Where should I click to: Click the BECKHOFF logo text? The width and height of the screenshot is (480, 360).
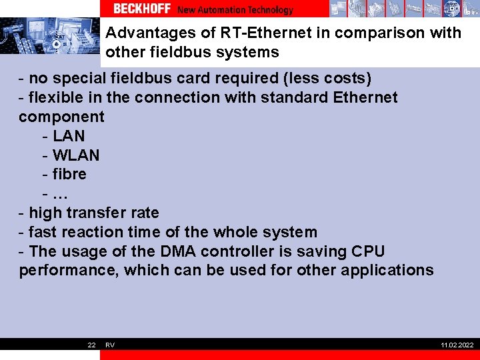pos(141,9)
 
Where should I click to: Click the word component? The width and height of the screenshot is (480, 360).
pos(61,117)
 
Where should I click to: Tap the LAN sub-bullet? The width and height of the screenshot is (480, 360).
pos(69,136)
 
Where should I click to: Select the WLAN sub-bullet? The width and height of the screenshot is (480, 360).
pos(76,155)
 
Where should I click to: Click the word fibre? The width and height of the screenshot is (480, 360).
pos(69,175)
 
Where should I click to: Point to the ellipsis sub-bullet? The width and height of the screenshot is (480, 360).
pos(60,194)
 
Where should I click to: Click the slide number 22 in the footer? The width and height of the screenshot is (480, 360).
pos(91,345)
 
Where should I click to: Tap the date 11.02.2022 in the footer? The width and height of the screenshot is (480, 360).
pos(457,345)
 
